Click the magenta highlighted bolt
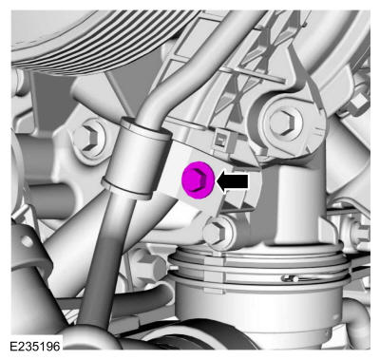click(x=198, y=180)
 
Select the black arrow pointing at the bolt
click(x=232, y=181)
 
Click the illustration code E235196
click(x=35, y=347)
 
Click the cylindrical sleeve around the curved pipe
click(x=137, y=159)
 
